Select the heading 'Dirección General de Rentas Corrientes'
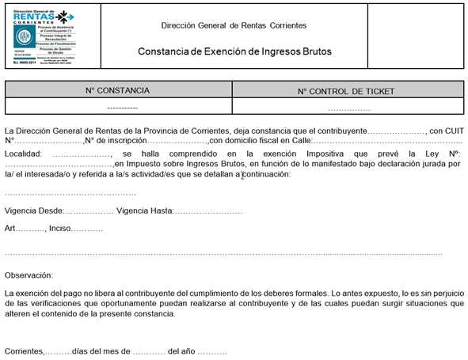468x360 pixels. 233,25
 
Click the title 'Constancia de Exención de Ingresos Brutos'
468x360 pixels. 233,51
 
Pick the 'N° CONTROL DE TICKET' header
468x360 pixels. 347,91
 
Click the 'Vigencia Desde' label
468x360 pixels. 32,211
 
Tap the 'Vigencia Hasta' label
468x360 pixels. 143,211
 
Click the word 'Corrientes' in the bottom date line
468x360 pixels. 24,350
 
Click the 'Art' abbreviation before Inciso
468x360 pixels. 10,229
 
